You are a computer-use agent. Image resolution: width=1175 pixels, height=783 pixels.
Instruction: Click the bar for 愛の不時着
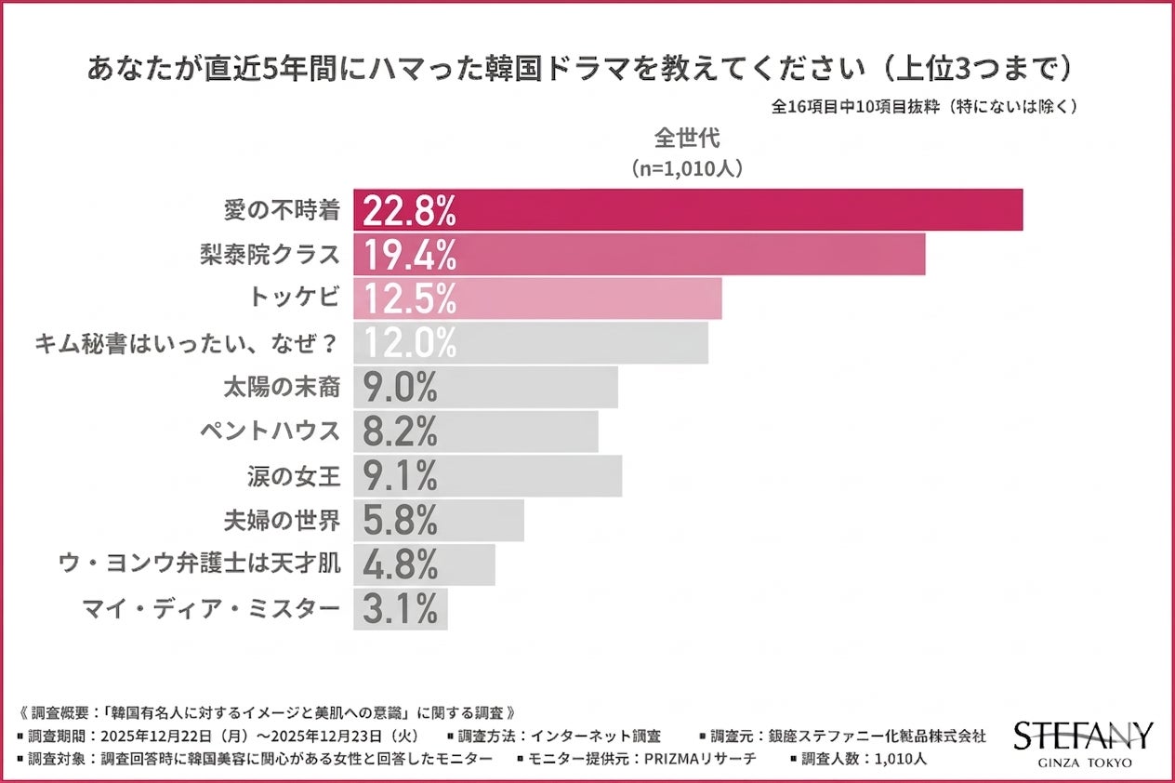(688, 210)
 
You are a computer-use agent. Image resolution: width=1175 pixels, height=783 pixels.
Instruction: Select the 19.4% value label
(409, 255)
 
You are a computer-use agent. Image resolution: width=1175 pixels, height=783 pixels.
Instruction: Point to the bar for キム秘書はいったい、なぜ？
(530, 343)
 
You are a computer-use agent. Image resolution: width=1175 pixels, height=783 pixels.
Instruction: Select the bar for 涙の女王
(487, 476)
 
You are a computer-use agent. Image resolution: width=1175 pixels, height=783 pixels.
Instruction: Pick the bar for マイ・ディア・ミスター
(400, 609)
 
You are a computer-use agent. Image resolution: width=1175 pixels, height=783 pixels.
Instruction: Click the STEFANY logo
(1083, 735)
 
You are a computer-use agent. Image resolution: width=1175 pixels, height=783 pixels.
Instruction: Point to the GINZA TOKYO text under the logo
(1083, 763)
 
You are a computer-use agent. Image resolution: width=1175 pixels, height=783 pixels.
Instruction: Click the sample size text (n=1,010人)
(687, 169)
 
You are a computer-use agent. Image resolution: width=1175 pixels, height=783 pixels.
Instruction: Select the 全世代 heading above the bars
(687, 138)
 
